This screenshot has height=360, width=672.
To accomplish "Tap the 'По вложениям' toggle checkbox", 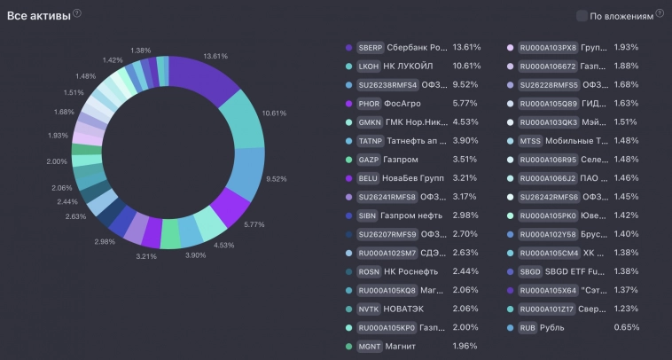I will pos(582,15).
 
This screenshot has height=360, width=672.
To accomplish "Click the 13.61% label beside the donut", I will pos(215,56).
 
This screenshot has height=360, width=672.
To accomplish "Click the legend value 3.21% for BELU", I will pos(465,178).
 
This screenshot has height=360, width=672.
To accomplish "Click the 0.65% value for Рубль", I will pos(626,328).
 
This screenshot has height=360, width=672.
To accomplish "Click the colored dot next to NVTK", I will pos(349,309).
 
